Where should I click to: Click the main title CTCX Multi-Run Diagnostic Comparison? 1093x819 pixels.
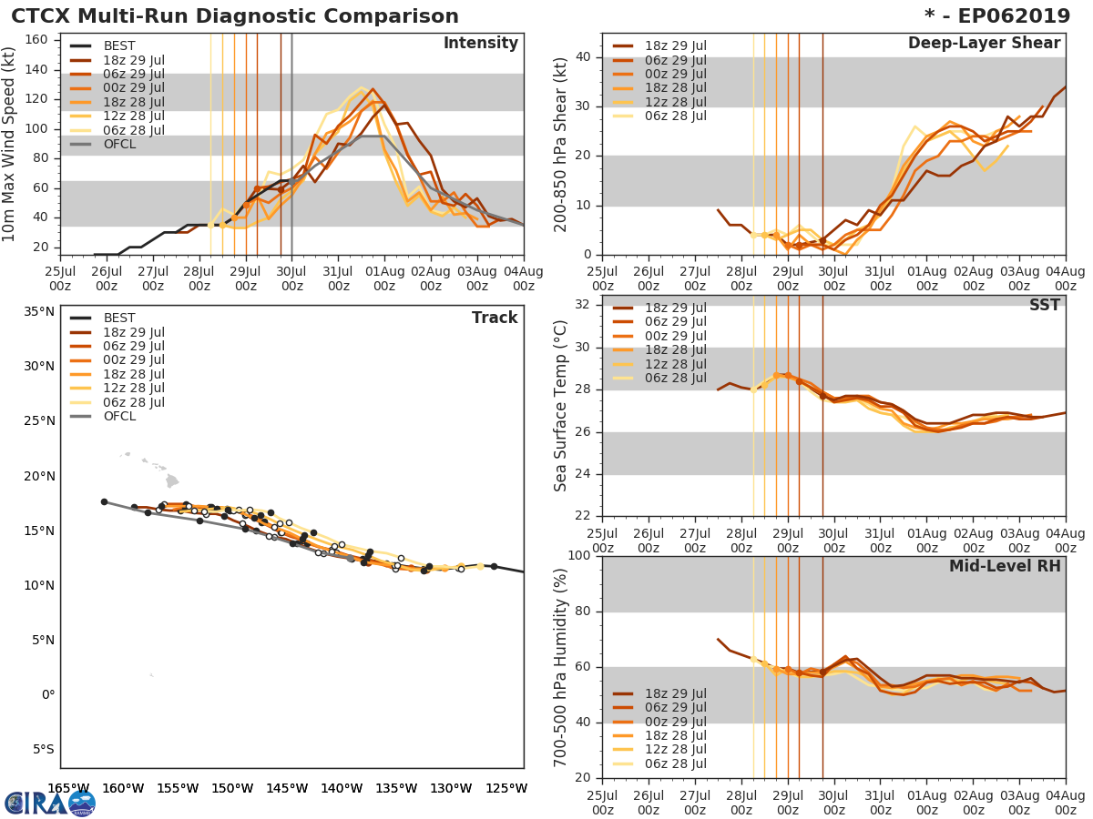(235, 16)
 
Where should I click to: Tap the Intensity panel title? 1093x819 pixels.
(480, 44)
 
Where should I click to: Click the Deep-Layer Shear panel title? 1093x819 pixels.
(984, 44)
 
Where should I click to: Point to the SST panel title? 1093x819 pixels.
(1045, 306)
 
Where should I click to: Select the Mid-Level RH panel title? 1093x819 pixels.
(1005, 567)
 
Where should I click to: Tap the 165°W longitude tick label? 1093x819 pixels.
(68, 788)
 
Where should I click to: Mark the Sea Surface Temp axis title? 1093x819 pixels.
(562, 406)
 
